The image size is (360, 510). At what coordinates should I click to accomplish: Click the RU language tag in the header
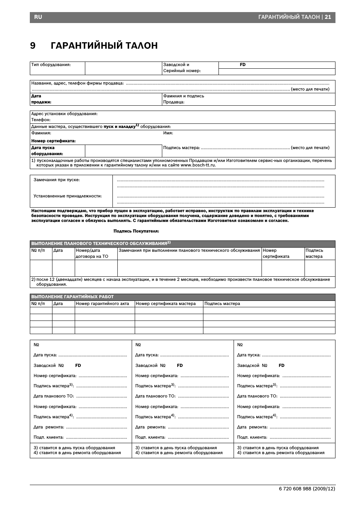click(x=38, y=17)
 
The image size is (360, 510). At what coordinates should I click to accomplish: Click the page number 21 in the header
click(x=328, y=17)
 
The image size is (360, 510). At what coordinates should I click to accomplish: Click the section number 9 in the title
click(x=33, y=46)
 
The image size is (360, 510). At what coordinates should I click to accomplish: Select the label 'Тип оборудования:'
click(x=51, y=65)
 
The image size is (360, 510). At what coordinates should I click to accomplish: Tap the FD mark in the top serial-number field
click(x=243, y=65)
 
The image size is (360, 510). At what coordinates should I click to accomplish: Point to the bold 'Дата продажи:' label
click(x=41, y=99)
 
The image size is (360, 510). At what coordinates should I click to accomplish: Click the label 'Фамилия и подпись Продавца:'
click(x=183, y=99)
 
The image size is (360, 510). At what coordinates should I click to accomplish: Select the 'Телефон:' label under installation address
click(x=41, y=120)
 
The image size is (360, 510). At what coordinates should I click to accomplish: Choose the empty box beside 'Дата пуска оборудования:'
click(x=123, y=151)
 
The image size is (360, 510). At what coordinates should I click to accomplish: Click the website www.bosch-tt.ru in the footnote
click(x=198, y=165)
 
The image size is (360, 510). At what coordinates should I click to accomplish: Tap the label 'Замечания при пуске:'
click(x=57, y=180)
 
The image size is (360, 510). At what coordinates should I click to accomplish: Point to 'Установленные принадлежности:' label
click(x=68, y=196)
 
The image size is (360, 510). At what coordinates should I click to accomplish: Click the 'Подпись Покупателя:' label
click(x=136, y=231)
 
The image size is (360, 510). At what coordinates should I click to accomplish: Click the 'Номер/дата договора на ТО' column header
click(x=92, y=253)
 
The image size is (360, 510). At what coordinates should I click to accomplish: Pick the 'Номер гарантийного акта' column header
click(x=102, y=304)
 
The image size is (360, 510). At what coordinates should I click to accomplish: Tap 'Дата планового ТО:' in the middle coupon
click(x=155, y=396)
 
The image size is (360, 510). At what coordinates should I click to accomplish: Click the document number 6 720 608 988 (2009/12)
click(x=307, y=488)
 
